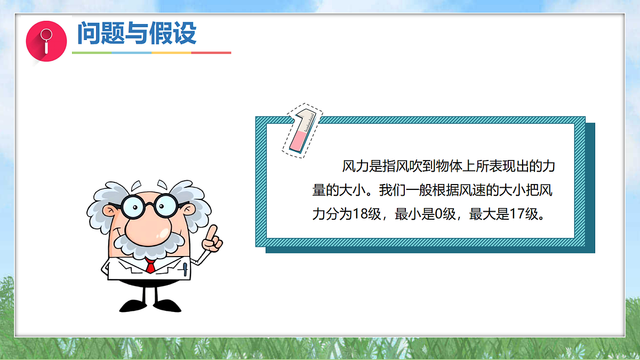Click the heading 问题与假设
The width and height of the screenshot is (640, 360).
[x=137, y=33]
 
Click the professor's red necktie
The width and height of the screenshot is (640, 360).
[x=150, y=265]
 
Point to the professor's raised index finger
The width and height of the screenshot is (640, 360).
[x=213, y=233]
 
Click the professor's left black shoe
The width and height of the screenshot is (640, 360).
[x=131, y=305]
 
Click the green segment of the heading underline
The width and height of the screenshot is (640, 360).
[x=92, y=53]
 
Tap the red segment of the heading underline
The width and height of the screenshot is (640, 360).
[x=211, y=53]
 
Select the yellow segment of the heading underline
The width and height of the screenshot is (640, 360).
[x=171, y=53]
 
